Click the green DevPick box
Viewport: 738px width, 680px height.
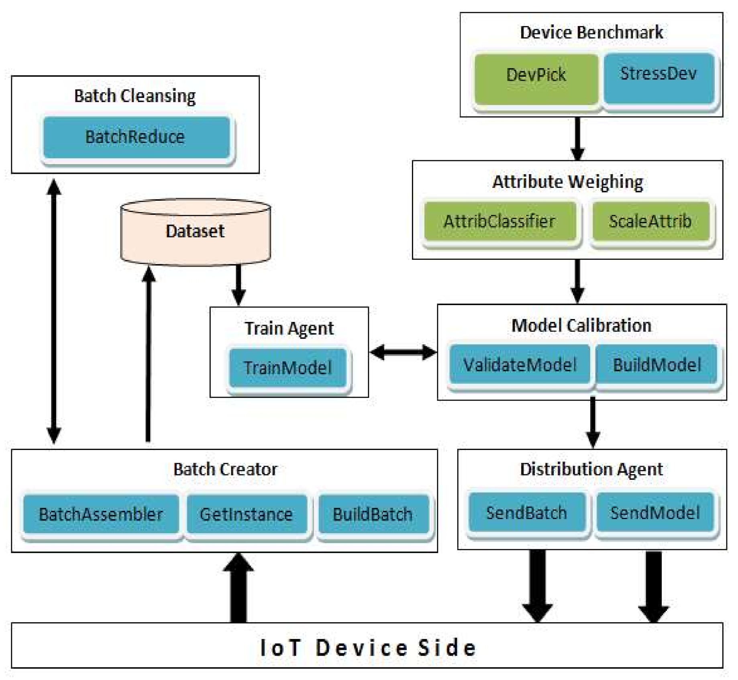point(536,79)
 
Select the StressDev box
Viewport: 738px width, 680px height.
point(658,78)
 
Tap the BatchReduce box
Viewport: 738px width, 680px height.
point(136,137)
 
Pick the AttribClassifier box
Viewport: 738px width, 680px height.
point(500,221)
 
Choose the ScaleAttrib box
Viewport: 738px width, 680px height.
point(650,221)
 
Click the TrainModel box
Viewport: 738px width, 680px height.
point(287,368)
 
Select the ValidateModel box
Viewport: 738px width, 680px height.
point(520,364)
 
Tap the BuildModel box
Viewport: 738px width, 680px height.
point(657,364)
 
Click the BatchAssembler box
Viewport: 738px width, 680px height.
point(101,514)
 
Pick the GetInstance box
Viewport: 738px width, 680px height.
point(247,514)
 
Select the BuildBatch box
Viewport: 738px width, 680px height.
point(373,514)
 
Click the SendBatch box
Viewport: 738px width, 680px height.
point(526,513)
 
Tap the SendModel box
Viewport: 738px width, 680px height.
point(655,513)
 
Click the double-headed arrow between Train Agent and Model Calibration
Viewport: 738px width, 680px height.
point(403,352)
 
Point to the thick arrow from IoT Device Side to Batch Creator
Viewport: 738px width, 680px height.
point(238,588)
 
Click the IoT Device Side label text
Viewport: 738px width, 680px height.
point(368,647)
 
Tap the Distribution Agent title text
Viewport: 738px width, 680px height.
point(591,469)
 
